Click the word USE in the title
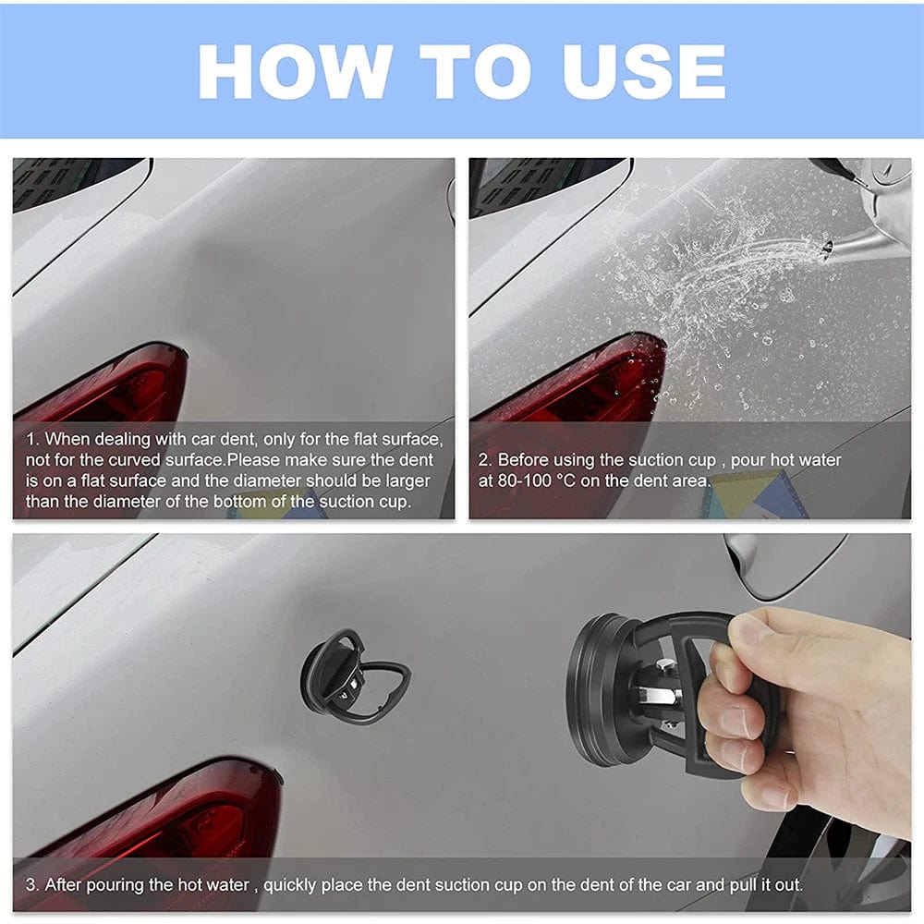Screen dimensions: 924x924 tap(644, 72)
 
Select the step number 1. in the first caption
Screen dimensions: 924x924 tap(32, 439)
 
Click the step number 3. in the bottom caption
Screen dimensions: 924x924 tap(32, 884)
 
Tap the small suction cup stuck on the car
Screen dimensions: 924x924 tap(354, 676)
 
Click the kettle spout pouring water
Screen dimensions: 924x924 tap(855, 240)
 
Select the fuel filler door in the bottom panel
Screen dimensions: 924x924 tap(784, 565)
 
